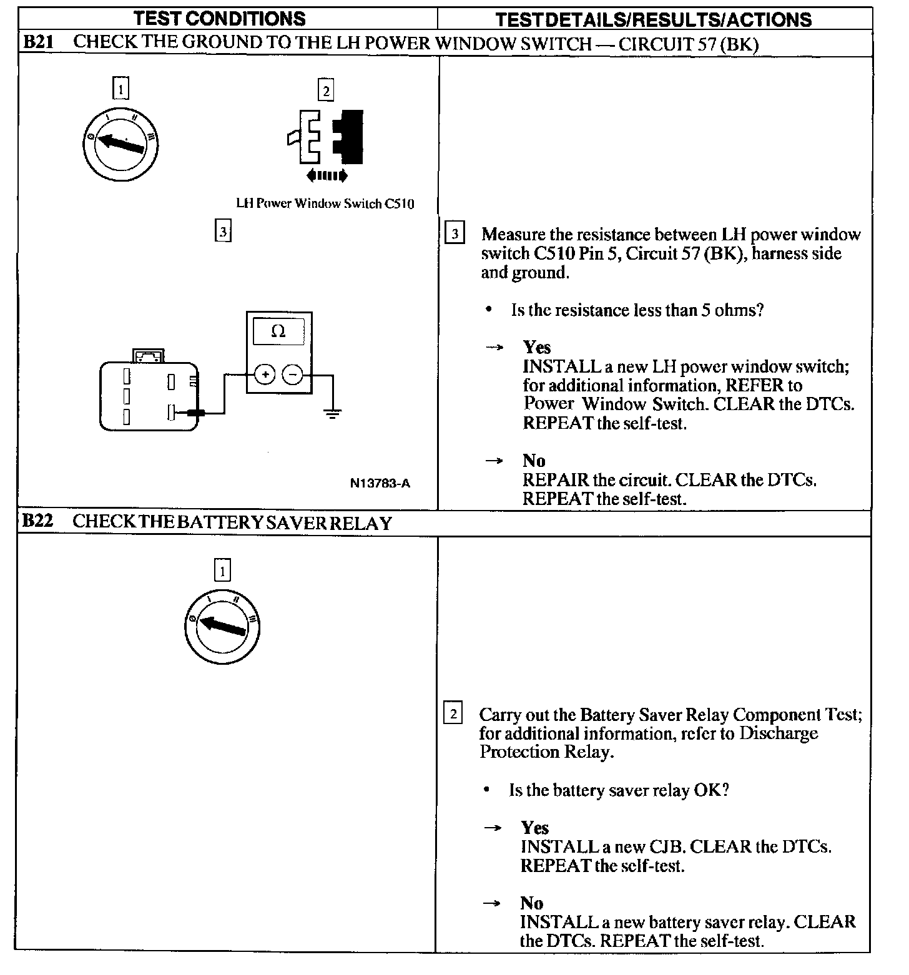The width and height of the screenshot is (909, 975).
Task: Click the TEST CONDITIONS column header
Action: click(x=220, y=18)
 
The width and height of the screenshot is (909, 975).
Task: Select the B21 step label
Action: click(x=39, y=42)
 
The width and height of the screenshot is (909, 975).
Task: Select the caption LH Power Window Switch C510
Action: click(x=325, y=203)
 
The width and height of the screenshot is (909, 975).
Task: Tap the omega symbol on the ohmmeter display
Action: click(x=278, y=331)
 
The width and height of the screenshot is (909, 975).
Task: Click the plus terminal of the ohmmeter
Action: click(x=265, y=375)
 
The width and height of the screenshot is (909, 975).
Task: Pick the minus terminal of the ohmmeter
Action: click(x=293, y=375)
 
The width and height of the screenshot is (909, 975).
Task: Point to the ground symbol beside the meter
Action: click(x=332, y=413)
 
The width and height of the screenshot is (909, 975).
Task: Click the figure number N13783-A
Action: click(x=380, y=483)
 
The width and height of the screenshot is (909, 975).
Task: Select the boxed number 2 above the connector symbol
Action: click(x=326, y=91)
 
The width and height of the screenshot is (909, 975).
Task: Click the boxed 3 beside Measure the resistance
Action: click(x=454, y=234)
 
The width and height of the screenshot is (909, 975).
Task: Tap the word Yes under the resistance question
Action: click(x=537, y=347)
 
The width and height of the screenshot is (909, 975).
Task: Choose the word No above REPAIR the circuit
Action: click(x=534, y=461)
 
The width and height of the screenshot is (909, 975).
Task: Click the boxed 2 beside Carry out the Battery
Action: click(x=453, y=714)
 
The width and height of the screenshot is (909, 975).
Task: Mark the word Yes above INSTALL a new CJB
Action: click(x=535, y=828)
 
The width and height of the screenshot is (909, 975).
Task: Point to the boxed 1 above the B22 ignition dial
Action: click(x=222, y=571)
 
